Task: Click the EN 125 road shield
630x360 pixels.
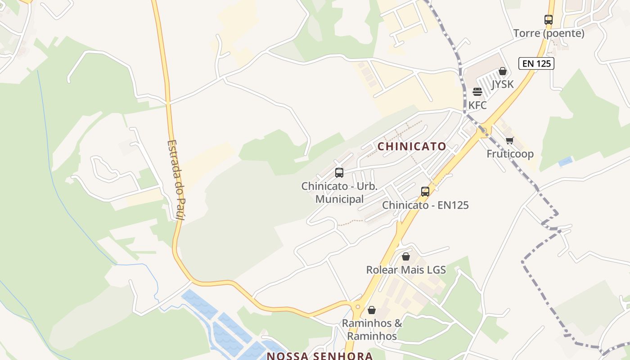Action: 536,63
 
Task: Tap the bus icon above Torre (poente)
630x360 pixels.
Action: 548,20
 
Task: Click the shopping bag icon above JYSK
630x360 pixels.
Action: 503,71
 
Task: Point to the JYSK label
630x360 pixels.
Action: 502,84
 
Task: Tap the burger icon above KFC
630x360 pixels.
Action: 477,92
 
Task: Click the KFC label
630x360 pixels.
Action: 477,105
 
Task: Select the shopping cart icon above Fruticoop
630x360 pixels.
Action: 509,140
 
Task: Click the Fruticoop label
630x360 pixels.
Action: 510,154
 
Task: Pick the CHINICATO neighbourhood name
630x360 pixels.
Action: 412,146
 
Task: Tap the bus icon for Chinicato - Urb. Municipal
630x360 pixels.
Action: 339,173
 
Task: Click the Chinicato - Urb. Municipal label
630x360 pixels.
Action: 339,192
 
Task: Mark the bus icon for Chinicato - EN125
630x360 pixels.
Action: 425,192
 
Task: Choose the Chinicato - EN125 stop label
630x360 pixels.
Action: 425,205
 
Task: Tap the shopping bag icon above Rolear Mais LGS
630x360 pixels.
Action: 406,256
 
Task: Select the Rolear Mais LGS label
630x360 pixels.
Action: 406,270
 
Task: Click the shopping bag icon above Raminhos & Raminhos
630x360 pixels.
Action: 372,310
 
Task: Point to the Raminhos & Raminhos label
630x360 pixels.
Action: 372,329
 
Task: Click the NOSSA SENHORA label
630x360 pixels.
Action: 320,356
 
